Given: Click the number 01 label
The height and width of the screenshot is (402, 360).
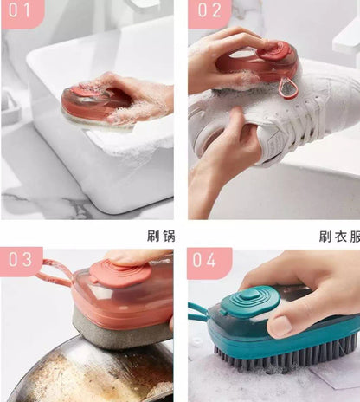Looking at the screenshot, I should [21, 12].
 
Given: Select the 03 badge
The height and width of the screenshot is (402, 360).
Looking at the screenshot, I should [21, 260].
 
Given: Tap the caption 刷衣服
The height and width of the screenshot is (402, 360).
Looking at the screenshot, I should [338, 235].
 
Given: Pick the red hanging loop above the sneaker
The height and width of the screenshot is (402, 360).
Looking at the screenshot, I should [286, 88].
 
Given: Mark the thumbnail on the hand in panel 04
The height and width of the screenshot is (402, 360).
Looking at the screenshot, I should [282, 326].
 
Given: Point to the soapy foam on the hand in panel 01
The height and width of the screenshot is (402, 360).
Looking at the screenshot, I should [143, 108].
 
